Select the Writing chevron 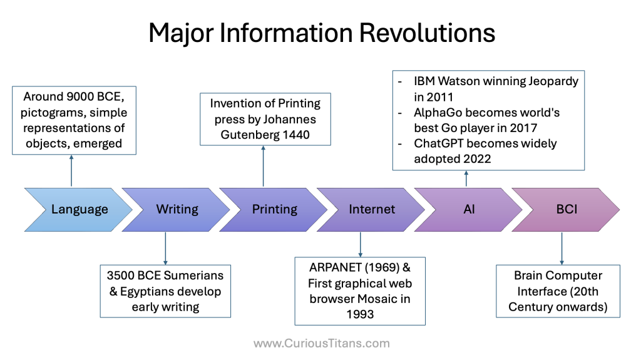pos(177,209)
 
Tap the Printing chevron pos(274,209)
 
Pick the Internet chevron pos(372,209)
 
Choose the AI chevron pos(469,209)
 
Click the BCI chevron pos(567,209)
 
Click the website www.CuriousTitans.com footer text pos(321,343)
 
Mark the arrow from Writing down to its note pos(165,247)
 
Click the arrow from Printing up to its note pos(263,167)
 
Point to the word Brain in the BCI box pos(530,275)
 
